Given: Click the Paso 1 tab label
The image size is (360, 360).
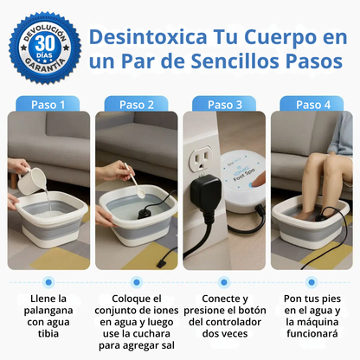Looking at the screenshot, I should pos(49,105).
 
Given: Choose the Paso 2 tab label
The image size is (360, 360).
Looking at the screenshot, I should pos(138,105).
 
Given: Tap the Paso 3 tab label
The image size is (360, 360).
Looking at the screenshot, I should pos(225,105).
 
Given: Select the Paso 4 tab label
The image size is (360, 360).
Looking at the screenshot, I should pos(312,105).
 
